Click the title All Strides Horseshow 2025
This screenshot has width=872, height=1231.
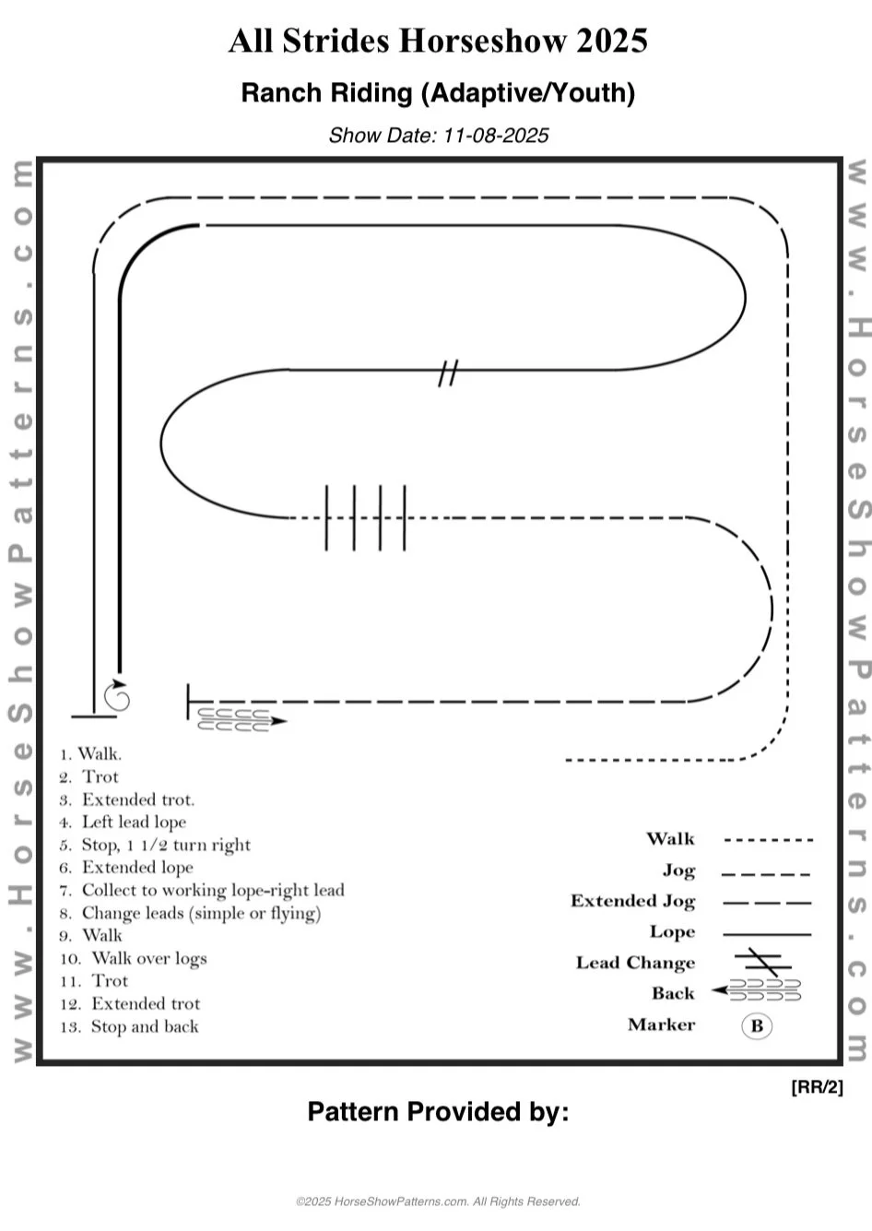point(438,41)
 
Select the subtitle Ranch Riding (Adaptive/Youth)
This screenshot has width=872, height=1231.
point(438,93)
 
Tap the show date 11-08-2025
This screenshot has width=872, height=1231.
point(438,136)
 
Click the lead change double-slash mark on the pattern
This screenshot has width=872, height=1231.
point(448,373)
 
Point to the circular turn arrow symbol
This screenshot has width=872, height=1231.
point(117,697)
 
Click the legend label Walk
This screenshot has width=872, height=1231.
point(670,839)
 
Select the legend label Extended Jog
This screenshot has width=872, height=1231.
point(632,901)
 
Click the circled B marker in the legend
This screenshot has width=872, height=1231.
point(757,1025)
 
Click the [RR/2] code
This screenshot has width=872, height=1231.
point(817,1086)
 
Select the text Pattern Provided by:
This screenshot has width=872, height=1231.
point(438,1112)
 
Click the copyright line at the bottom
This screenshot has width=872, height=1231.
point(438,1201)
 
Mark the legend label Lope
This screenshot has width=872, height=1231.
point(672,932)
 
